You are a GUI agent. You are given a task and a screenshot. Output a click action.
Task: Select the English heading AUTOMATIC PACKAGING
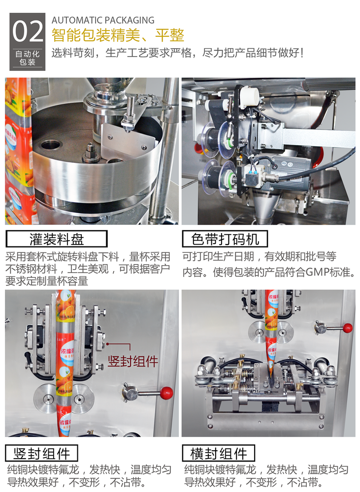click(x=103, y=20)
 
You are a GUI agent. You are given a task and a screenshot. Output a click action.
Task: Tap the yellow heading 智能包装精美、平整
click(x=118, y=35)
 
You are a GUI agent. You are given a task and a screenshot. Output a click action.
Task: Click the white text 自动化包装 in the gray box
click(x=28, y=58)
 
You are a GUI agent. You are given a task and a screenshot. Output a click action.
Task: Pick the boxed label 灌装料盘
click(x=57, y=240)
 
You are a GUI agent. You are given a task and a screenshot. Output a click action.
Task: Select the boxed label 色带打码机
click(x=225, y=240)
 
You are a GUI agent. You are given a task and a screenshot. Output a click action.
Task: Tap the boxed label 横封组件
click(x=219, y=453)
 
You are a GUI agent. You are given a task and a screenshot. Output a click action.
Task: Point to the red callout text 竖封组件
click(x=133, y=361)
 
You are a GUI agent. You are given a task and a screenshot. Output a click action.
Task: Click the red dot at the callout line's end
click(x=107, y=344)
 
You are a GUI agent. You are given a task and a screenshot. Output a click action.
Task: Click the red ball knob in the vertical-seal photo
click(x=167, y=392)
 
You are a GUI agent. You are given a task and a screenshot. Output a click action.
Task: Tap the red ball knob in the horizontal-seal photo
click(x=348, y=328)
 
